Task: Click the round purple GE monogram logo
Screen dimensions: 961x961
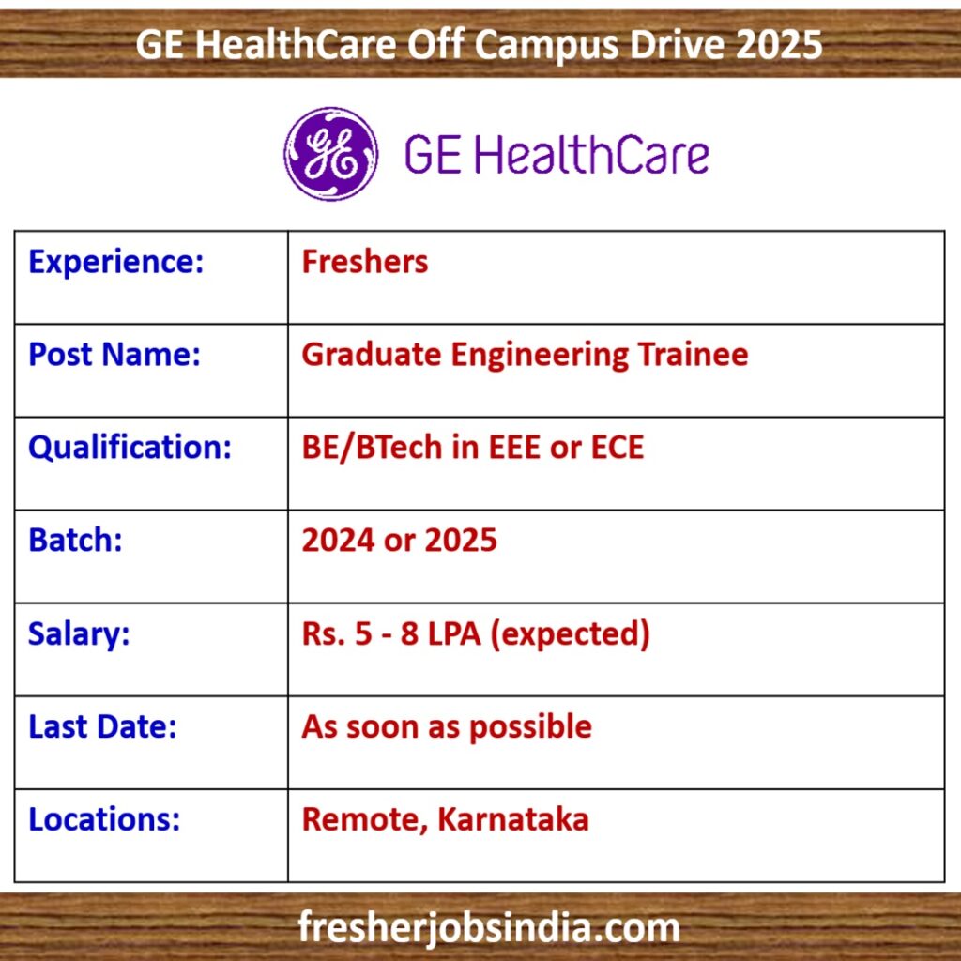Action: point(330,154)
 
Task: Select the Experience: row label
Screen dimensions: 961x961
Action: point(115,263)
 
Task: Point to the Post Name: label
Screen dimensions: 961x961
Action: point(114,354)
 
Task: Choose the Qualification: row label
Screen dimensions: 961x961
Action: point(130,448)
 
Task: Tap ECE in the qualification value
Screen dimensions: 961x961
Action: point(618,448)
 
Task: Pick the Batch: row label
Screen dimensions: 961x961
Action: point(75,540)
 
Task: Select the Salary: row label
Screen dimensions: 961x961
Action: point(79,633)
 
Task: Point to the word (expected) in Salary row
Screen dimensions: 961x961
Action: point(570,633)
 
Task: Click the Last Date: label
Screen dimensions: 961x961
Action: point(102,726)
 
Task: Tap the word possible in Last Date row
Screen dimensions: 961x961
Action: point(530,727)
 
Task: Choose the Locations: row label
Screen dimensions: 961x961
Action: point(104,819)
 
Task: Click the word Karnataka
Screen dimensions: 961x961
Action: point(513,819)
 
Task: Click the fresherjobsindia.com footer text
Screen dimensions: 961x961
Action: point(489,927)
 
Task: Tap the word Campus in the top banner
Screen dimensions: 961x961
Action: point(546,45)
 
